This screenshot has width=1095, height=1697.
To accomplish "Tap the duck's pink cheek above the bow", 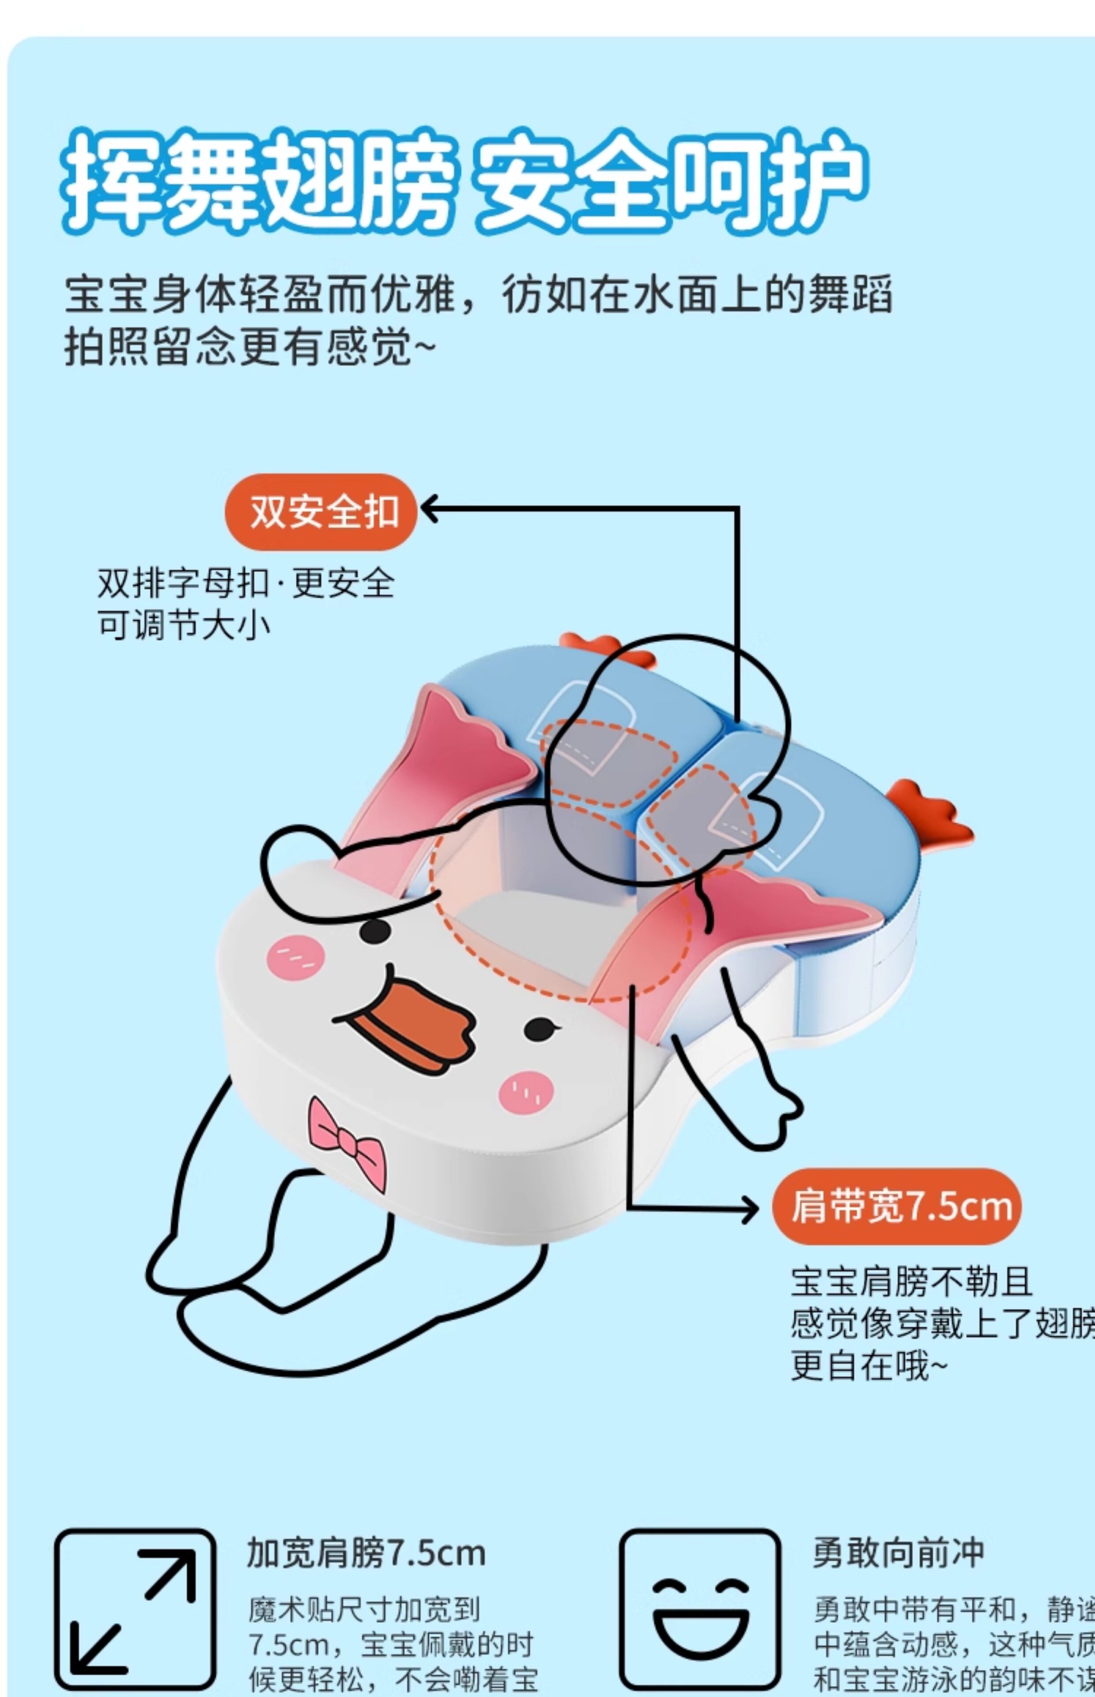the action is (x=295, y=957).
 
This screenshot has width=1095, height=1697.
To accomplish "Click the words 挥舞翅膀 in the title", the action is (x=260, y=182).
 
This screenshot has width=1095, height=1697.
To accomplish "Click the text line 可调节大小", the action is (x=183, y=627).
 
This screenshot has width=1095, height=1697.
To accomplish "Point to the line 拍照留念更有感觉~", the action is (x=249, y=347).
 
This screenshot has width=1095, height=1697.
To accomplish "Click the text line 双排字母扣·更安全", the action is (x=246, y=583).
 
